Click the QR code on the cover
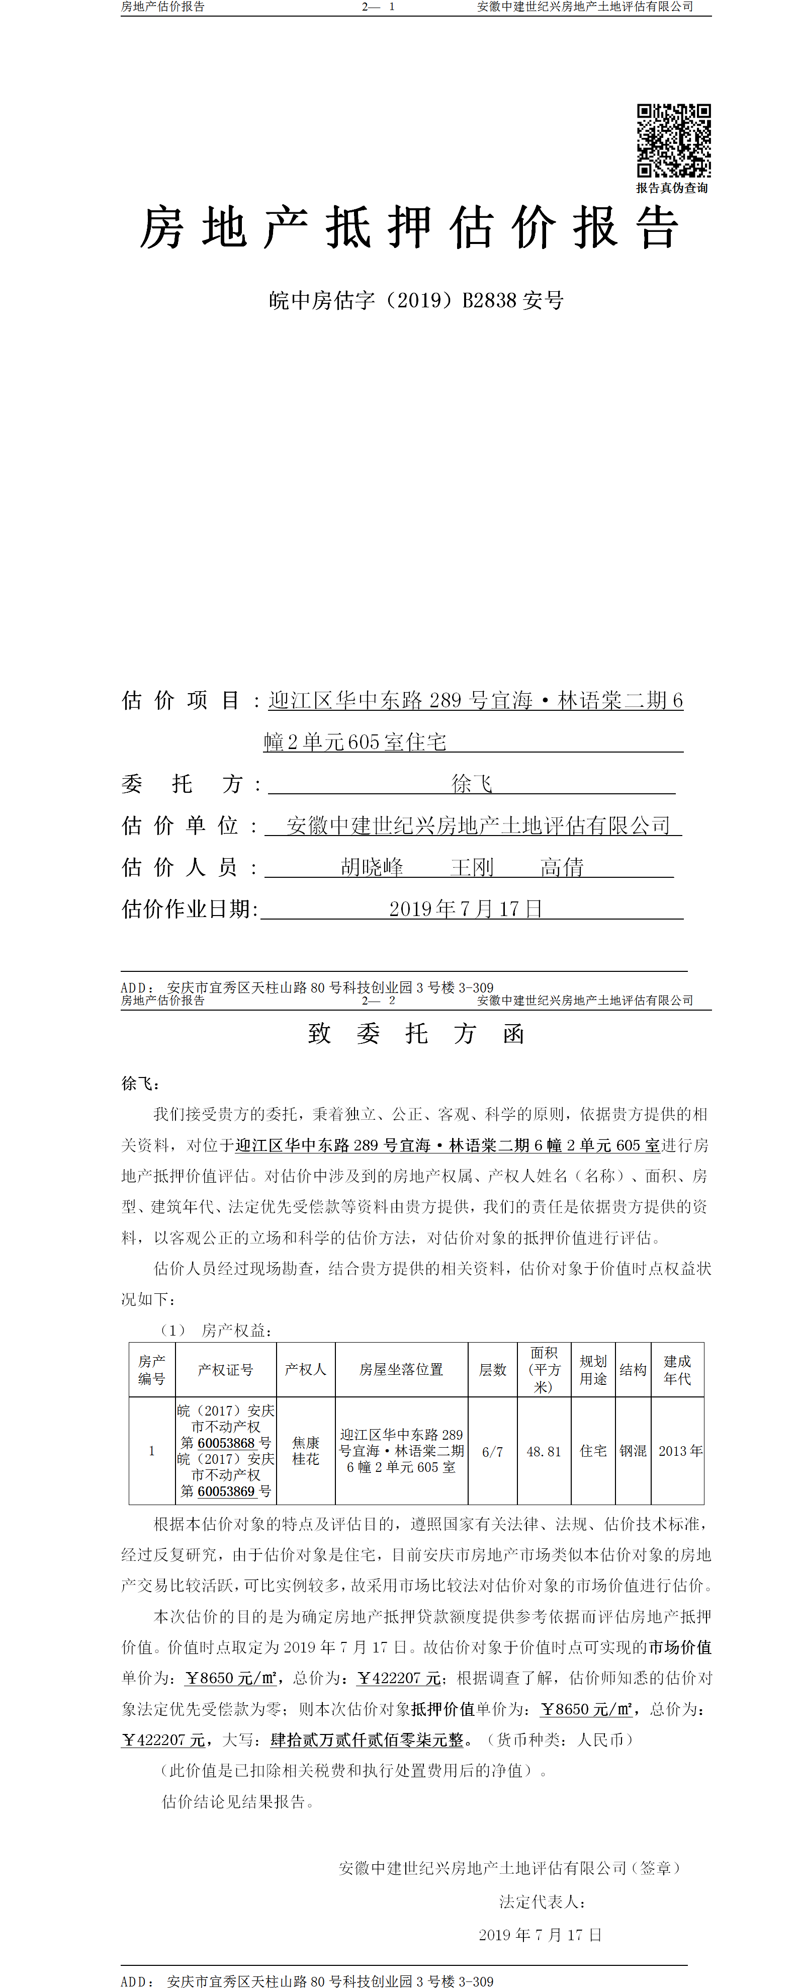point(673,140)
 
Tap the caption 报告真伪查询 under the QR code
point(671,188)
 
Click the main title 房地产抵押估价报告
point(409,228)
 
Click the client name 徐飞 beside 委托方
point(472,784)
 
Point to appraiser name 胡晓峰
point(372,867)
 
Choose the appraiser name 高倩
point(562,867)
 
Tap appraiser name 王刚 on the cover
point(472,867)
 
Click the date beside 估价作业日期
point(465,909)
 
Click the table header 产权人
point(306,1369)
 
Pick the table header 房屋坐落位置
point(401,1369)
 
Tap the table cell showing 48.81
point(544,1451)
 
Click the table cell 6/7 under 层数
point(492,1451)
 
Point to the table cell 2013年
point(680,1451)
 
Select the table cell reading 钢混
point(633,1451)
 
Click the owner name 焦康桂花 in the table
point(306,1451)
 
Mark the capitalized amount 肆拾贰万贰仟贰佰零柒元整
point(368,1739)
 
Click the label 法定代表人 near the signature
point(542,1901)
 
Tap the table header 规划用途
point(593,1369)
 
